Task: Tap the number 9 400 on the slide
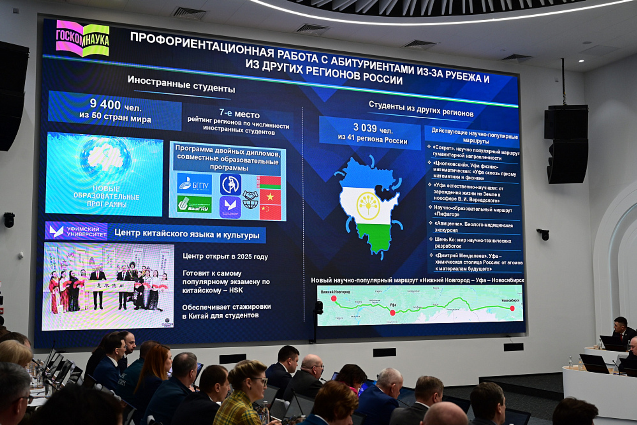(x=105, y=104)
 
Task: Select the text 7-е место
(x=239, y=114)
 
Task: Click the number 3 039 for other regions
(x=365, y=128)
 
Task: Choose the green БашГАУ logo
(x=194, y=205)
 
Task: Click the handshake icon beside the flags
(x=250, y=195)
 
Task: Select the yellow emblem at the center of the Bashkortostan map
(x=368, y=206)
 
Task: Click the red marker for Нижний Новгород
(x=334, y=298)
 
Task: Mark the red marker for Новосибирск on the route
(x=512, y=308)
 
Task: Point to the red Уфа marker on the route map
(x=393, y=313)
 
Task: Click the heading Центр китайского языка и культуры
(x=187, y=234)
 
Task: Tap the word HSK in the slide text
(x=236, y=290)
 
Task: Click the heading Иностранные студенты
(x=181, y=84)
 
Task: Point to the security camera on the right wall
(x=543, y=234)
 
